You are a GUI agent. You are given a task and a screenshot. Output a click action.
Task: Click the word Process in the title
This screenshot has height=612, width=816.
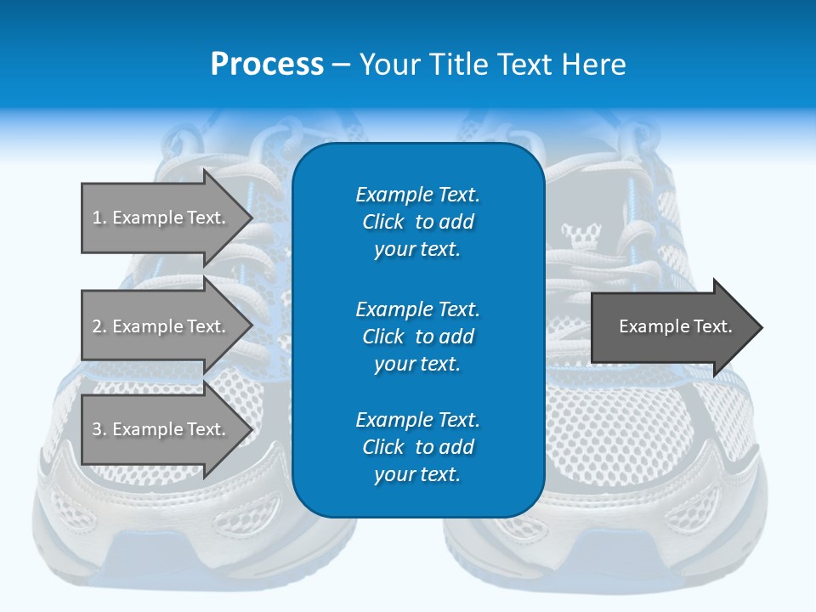coord(267,65)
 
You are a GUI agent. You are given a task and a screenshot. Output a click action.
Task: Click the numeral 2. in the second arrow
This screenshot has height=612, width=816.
coord(99,326)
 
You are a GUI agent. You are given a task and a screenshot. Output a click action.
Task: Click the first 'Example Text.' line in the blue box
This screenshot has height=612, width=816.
coord(417,195)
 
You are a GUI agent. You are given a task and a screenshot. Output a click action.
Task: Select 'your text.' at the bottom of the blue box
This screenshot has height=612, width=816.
coord(417,474)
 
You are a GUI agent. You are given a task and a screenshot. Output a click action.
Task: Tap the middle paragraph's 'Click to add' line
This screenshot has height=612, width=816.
coord(417,337)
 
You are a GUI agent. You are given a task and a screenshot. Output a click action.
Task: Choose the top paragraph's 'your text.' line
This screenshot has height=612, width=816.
coord(417,249)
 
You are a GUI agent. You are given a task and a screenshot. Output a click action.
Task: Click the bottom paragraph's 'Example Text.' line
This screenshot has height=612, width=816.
coord(417,420)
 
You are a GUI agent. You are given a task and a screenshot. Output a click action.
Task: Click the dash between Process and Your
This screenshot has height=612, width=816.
coord(341,65)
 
